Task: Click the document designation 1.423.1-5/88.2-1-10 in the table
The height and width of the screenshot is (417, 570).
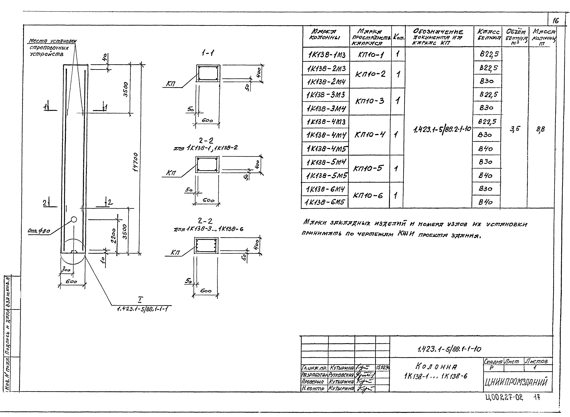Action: pyautogui.click(x=442, y=129)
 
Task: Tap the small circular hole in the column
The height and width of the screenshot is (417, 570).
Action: pyautogui.click(x=74, y=220)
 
